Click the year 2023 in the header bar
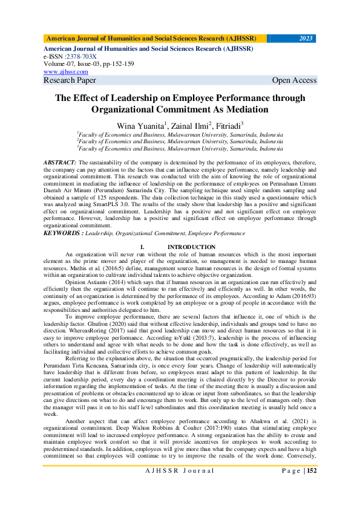(x=306, y=38)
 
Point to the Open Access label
(x=294, y=80)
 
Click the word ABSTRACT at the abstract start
(x=59, y=163)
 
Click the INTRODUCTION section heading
(x=191, y=247)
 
